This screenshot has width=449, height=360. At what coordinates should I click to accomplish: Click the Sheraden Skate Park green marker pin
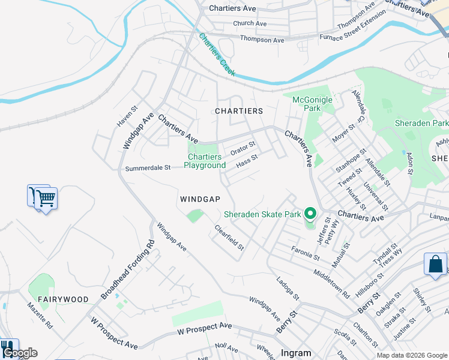[310, 213]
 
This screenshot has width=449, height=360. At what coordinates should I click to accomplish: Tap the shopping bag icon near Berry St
[435, 265]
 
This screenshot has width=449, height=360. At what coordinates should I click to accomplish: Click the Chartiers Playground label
[205, 161]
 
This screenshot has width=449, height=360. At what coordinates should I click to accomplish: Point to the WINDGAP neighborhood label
[200, 199]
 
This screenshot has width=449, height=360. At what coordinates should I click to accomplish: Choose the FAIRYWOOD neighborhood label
[63, 299]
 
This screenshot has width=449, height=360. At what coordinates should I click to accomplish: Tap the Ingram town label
[296, 353]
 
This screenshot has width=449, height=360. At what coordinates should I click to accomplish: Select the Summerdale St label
[148, 169]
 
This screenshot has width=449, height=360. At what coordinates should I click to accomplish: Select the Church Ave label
[250, 23]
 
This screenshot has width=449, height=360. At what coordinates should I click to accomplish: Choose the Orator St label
[243, 147]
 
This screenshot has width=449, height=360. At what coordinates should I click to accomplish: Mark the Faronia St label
[305, 253]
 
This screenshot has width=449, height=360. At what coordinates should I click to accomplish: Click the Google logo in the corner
[19, 353]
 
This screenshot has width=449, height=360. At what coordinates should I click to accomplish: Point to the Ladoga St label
[288, 289]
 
